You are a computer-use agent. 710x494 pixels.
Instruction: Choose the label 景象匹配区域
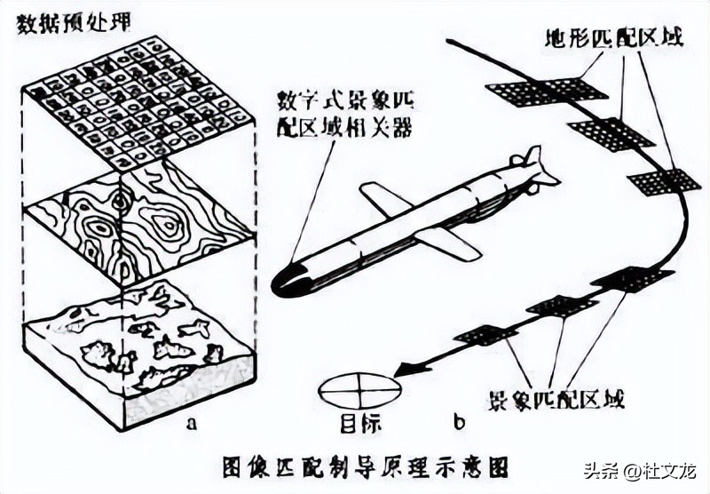coord(556,397)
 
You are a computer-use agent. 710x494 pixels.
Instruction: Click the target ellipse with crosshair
coord(360,391)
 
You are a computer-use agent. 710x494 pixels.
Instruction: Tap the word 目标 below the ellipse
coord(359,424)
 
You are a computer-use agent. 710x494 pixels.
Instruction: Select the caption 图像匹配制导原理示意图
coord(355,463)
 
